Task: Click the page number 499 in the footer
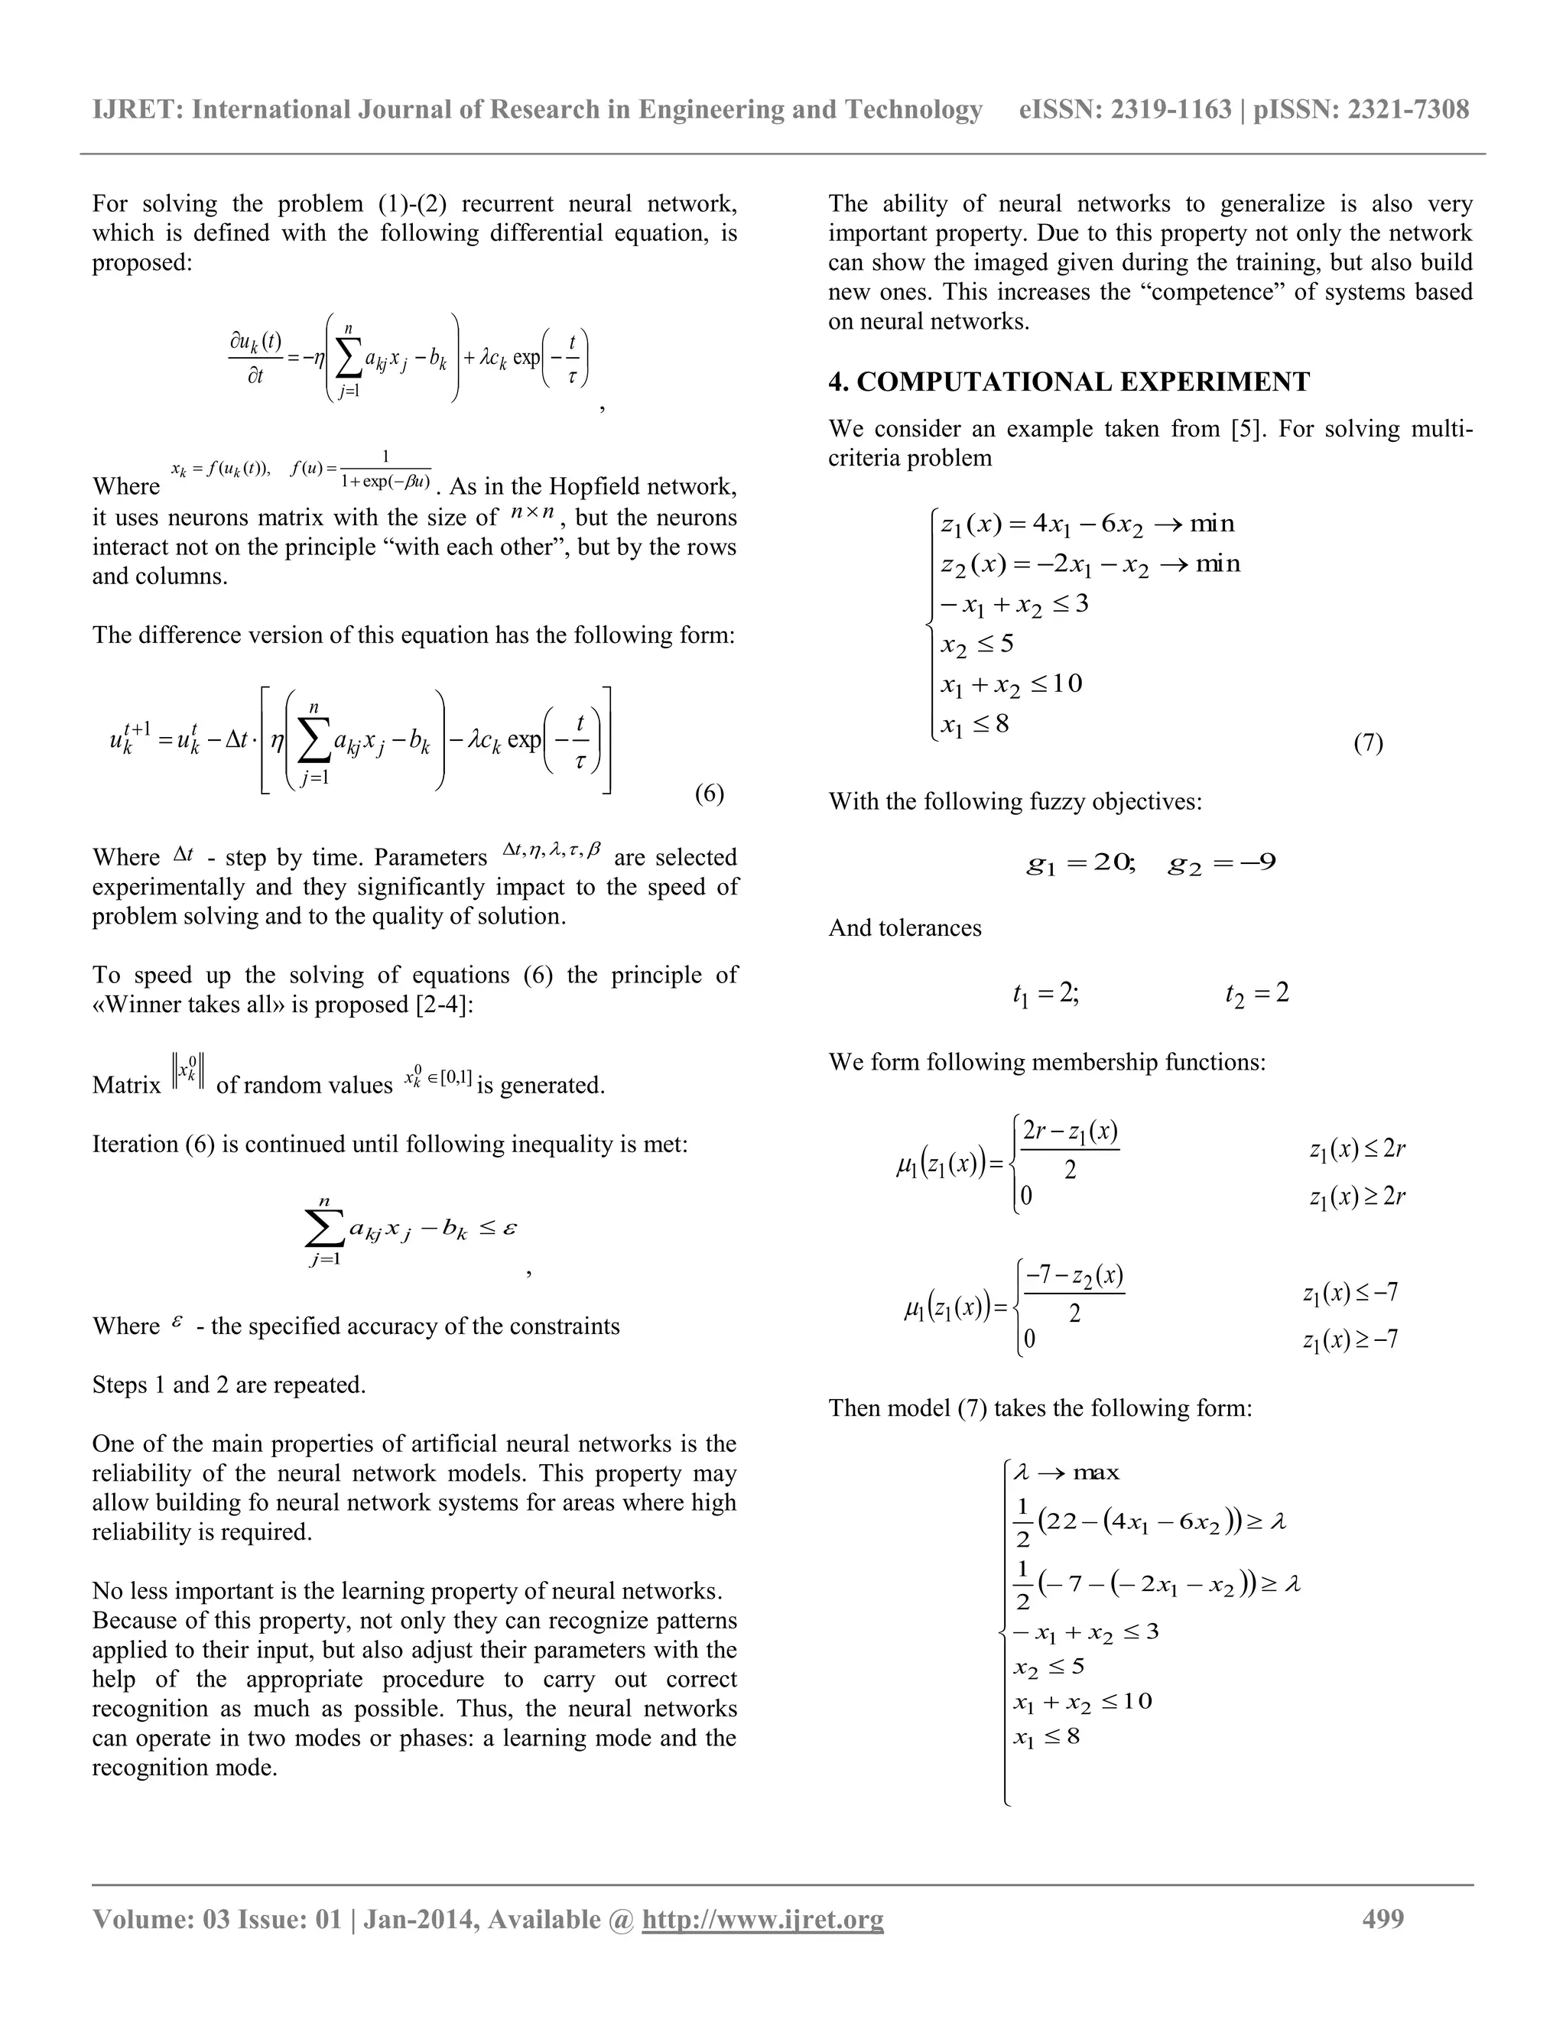(x=1382, y=1918)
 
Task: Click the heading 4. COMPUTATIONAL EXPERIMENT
(x=1069, y=381)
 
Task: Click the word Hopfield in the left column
(x=605, y=486)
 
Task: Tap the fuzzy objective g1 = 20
(x=1080, y=864)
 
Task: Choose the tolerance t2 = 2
(x=1257, y=995)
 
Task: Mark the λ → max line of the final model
(x=1067, y=1472)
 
